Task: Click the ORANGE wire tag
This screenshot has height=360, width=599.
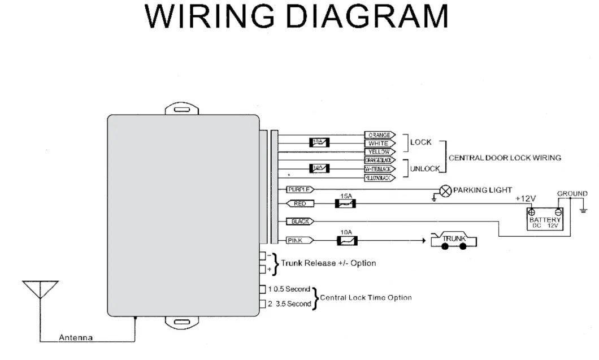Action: (x=379, y=135)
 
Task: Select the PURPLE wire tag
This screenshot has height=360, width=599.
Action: (x=299, y=190)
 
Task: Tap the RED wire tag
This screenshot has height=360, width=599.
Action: (x=300, y=203)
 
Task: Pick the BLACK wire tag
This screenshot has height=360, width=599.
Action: (x=300, y=222)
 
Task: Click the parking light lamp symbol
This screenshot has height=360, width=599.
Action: (x=446, y=190)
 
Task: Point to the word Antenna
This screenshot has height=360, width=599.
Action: (x=76, y=338)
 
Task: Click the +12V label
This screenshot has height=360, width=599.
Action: (x=526, y=199)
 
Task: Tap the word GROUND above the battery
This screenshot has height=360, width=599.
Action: (x=572, y=193)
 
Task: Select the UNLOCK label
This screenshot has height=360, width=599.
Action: (x=424, y=168)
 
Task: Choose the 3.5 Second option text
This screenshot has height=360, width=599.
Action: (x=293, y=304)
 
